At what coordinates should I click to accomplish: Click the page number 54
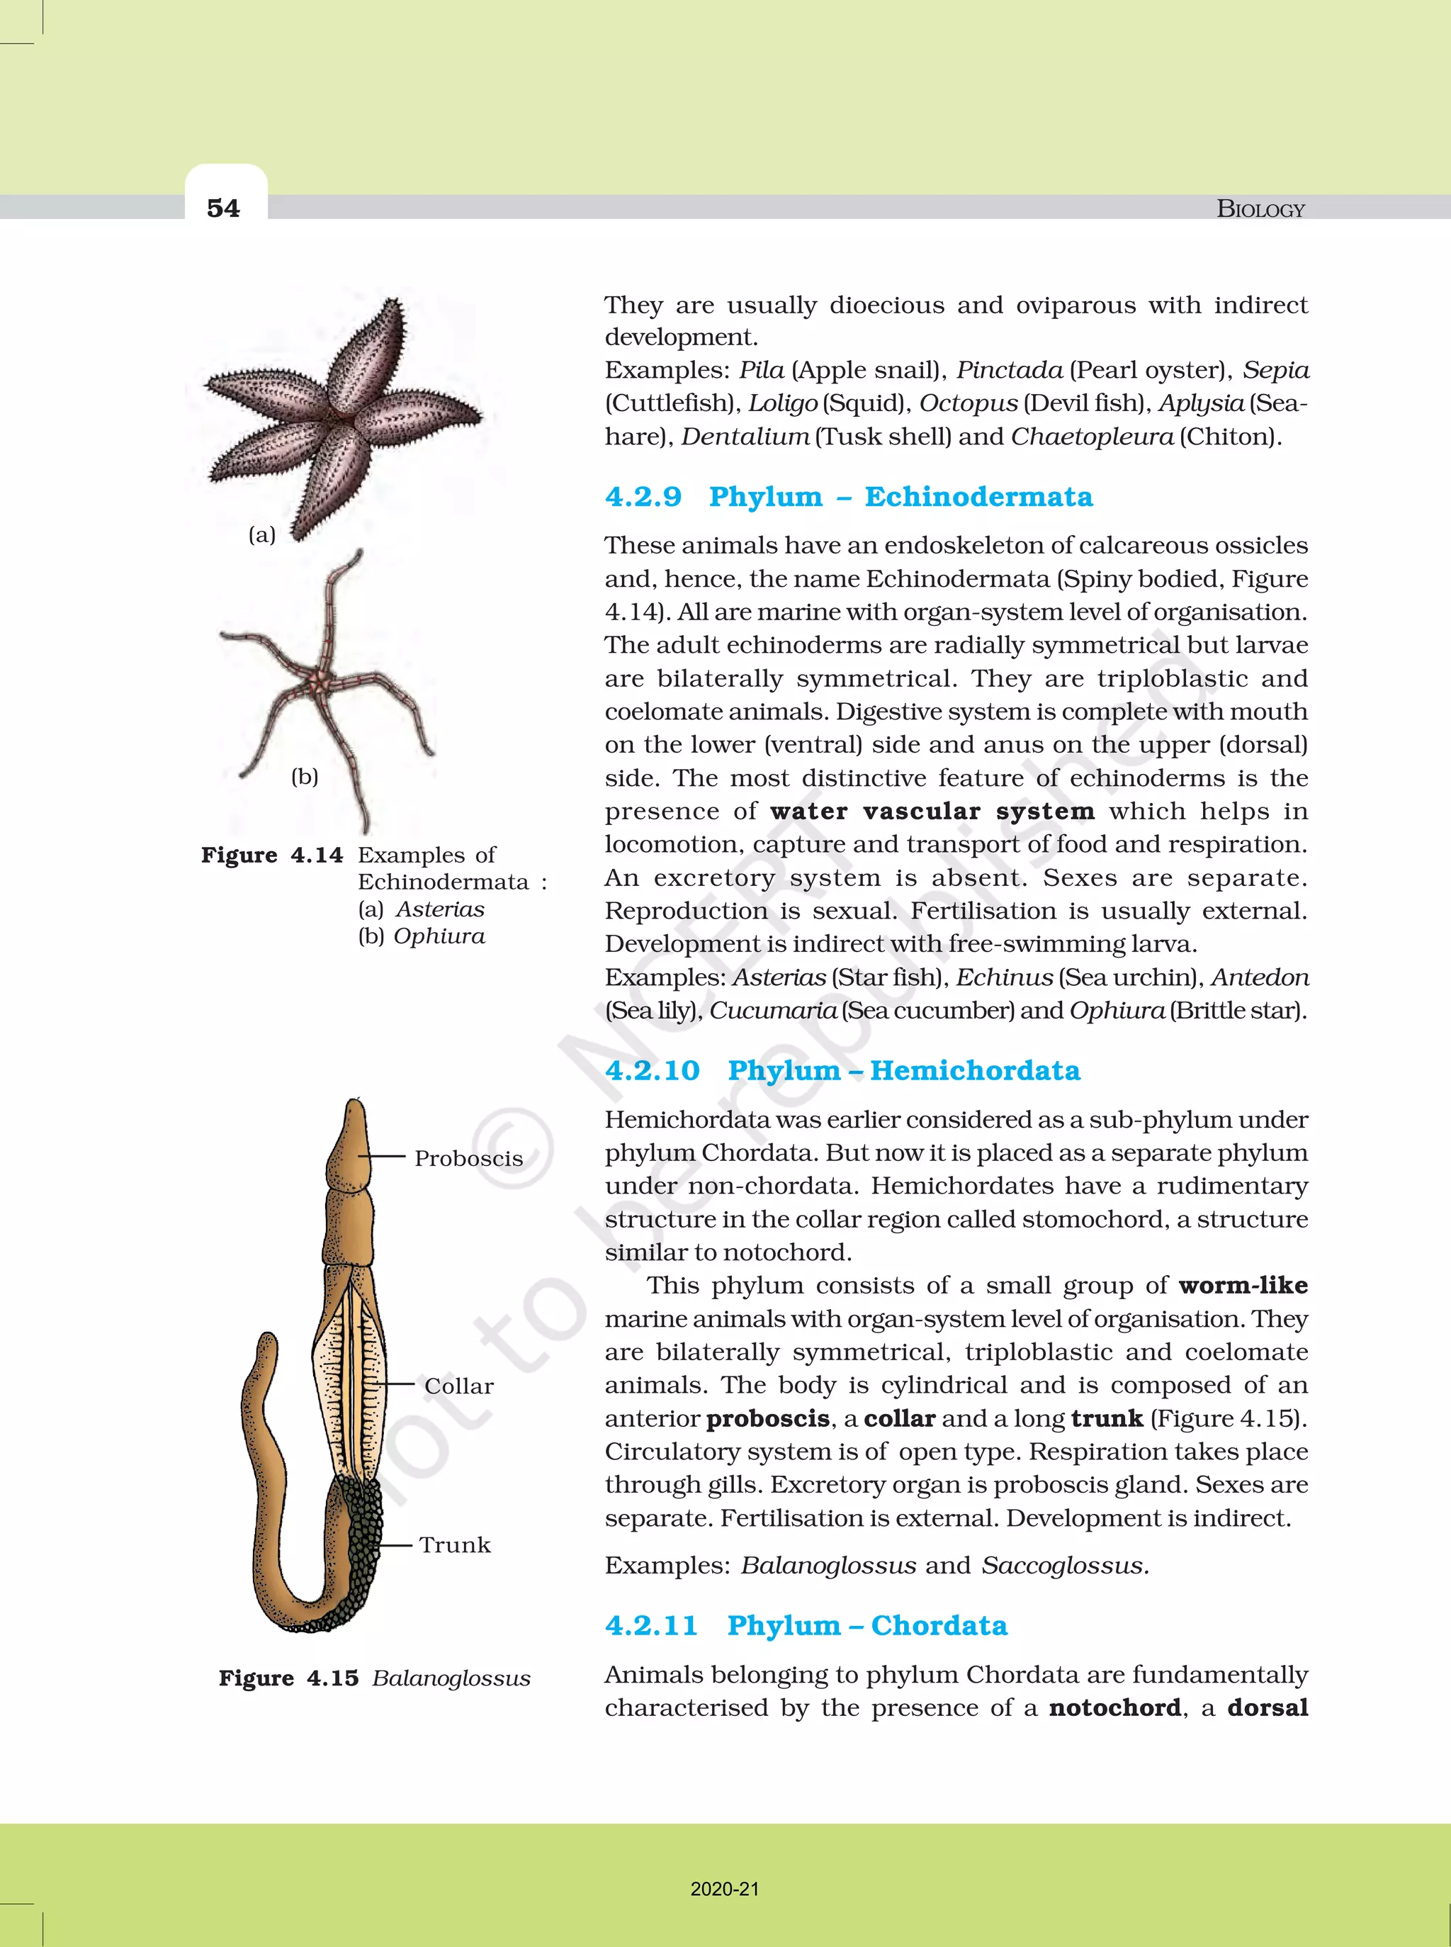(223, 208)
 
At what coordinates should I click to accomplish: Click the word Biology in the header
(1260, 209)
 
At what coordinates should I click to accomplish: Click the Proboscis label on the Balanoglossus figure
(468, 1158)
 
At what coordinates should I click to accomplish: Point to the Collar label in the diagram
(458, 1386)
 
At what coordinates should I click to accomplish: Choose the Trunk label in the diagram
(454, 1544)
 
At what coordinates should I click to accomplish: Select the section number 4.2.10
(652, 1070)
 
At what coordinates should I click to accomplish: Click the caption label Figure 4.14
(271, 855)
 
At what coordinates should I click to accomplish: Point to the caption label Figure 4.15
(288, 1678)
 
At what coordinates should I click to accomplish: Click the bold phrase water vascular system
(932, 811)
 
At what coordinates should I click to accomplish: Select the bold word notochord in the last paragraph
(1114, 1707)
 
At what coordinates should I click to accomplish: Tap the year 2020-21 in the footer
(725, 1889)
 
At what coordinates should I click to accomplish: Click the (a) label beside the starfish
(261, 534)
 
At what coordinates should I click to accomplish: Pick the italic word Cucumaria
(773, 1011)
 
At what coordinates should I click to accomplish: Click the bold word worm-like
(1243, 1286)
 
